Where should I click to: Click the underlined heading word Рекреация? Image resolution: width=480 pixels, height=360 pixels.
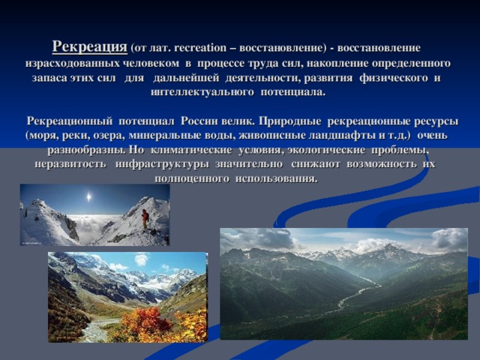pos(90,46)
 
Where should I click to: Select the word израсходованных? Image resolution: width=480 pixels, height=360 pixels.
pos(72,63)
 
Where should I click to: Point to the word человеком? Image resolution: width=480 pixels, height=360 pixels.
pos(151,63)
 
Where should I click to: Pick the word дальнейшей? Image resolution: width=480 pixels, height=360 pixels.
pos(186,78)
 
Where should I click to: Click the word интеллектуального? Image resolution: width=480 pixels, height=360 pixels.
pos(202,92)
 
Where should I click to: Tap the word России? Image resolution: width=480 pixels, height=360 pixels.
pos(198,121)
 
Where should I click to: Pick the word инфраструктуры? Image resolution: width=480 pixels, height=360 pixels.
pos(162,164)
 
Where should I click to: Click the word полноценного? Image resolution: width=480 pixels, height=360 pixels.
pos(192,178)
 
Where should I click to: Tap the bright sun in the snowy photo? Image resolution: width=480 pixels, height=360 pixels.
pos(88,196)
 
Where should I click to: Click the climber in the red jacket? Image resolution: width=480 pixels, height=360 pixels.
pos(145,218)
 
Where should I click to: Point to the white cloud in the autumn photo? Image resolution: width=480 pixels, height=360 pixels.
pos(142,259)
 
